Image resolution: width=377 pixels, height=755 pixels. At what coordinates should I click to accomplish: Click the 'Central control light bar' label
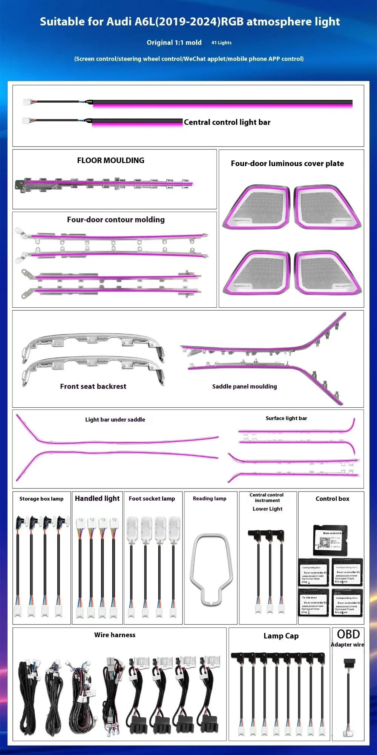point(227,122)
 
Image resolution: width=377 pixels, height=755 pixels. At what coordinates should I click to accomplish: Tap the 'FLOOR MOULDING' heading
point(110,160)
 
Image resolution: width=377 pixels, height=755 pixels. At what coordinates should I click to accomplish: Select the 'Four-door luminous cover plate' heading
point(287,163)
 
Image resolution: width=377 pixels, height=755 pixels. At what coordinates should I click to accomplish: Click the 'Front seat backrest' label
point(93,386)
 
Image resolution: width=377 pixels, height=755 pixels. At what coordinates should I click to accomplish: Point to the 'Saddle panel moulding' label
point(244,387)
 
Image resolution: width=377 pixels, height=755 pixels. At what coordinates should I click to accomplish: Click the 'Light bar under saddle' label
point(115,419)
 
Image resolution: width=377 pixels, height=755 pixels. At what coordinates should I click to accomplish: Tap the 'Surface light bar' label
point(286,418)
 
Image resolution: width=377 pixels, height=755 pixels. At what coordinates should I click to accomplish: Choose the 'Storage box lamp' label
point(41,499)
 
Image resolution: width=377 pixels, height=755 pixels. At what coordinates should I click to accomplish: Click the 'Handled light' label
point(97,498)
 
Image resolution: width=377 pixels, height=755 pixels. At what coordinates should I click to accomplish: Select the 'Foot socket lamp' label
point(152,499)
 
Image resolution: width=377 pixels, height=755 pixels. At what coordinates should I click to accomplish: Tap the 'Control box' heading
point(332,499)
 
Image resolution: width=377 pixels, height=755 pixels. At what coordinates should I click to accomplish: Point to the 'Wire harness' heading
point(115,635)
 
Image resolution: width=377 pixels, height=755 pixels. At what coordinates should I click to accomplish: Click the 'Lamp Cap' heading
point(281,636)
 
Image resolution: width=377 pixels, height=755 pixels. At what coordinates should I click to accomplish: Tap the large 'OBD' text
point(348,634)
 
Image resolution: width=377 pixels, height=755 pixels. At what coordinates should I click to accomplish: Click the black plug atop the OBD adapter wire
point(349,662)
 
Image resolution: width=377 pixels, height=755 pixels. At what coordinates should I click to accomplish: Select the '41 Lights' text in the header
point(221,43)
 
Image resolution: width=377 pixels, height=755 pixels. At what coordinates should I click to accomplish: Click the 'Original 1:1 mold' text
point(174,43)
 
